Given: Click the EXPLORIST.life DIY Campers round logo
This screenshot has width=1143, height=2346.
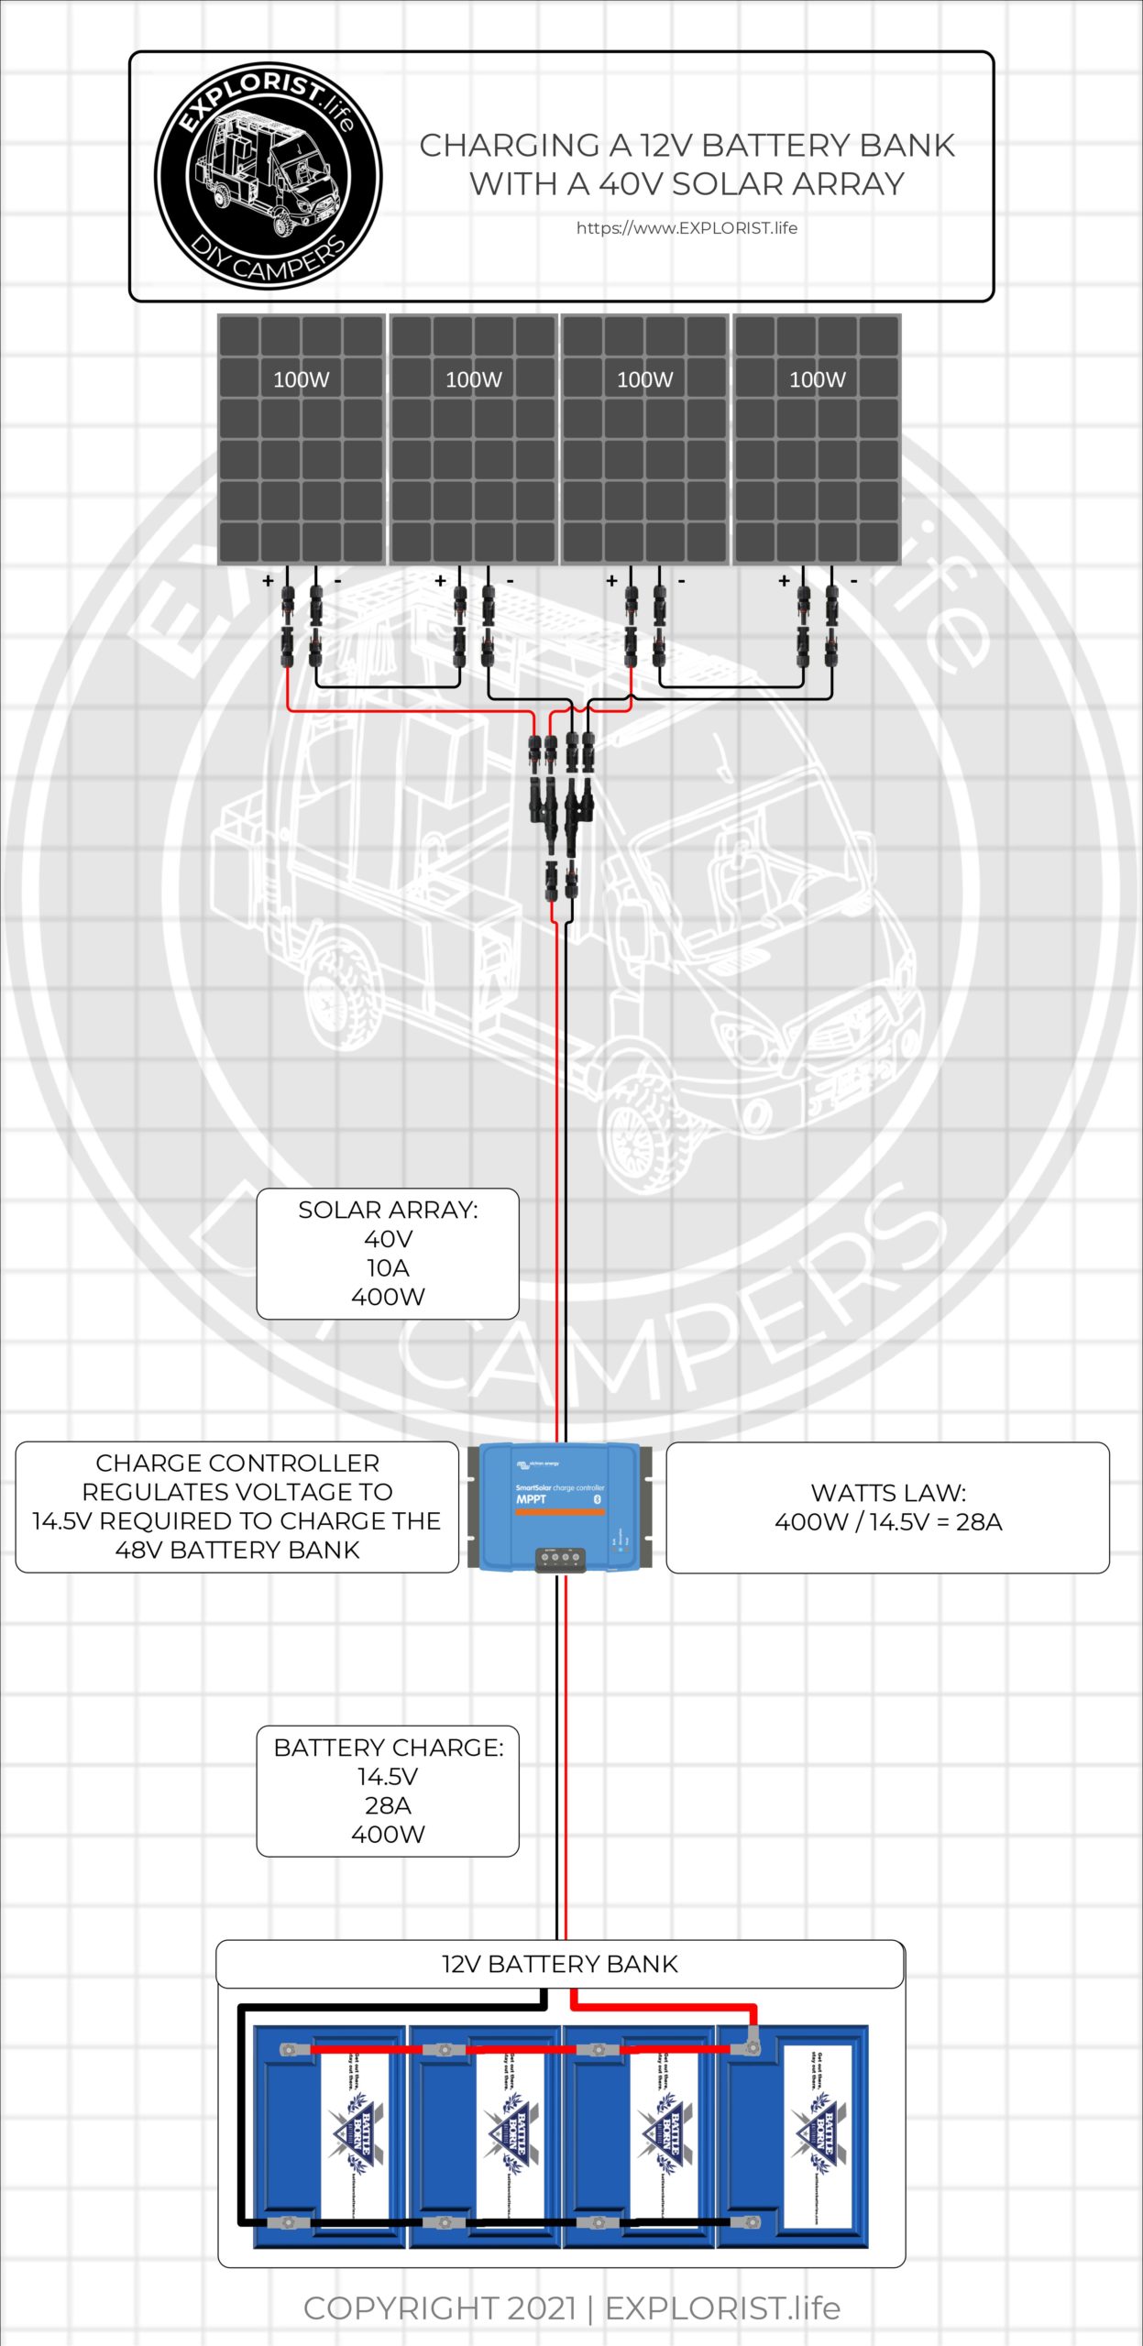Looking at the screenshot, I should (x=268, y=176).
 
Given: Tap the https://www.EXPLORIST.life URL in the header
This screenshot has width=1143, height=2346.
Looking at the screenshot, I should (x=687, y=228).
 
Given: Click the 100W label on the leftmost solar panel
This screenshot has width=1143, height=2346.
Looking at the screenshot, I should (x=301, y=379).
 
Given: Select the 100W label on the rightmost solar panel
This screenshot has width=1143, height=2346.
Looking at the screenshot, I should (x=817, y=379).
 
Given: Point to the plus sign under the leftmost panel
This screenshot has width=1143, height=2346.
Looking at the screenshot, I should (x=268, y=581).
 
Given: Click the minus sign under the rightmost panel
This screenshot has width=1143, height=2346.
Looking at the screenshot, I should (x=853, y=581).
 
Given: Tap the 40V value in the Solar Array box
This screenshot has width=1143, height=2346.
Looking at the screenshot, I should (x=388, y=1239).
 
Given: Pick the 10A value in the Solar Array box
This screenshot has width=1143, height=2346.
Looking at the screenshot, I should (x=388, y=1268).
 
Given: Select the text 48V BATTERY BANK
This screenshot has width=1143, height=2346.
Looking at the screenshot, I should (x=237, y=1550).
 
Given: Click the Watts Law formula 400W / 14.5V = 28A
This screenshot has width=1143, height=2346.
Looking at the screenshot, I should (x=888, y=1522).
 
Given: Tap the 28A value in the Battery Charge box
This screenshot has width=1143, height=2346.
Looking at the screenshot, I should (x=388, y=1805).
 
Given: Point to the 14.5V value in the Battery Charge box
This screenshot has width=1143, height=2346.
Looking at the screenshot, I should (x=388, y=1776).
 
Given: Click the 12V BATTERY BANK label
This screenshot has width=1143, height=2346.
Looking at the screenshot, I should (x=559, y=1964).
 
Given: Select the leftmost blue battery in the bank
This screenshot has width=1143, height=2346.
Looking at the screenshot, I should (x=330, y=2135).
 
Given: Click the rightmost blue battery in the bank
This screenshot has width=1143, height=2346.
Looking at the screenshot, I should (x=792, y=2135).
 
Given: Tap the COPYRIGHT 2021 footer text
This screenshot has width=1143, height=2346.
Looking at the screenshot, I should (x=440, y=2308).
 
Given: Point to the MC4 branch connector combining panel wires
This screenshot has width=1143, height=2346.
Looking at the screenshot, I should (x=561, y=806).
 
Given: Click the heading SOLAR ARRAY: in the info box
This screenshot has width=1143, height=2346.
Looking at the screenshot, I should (x=388, y=1210).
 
